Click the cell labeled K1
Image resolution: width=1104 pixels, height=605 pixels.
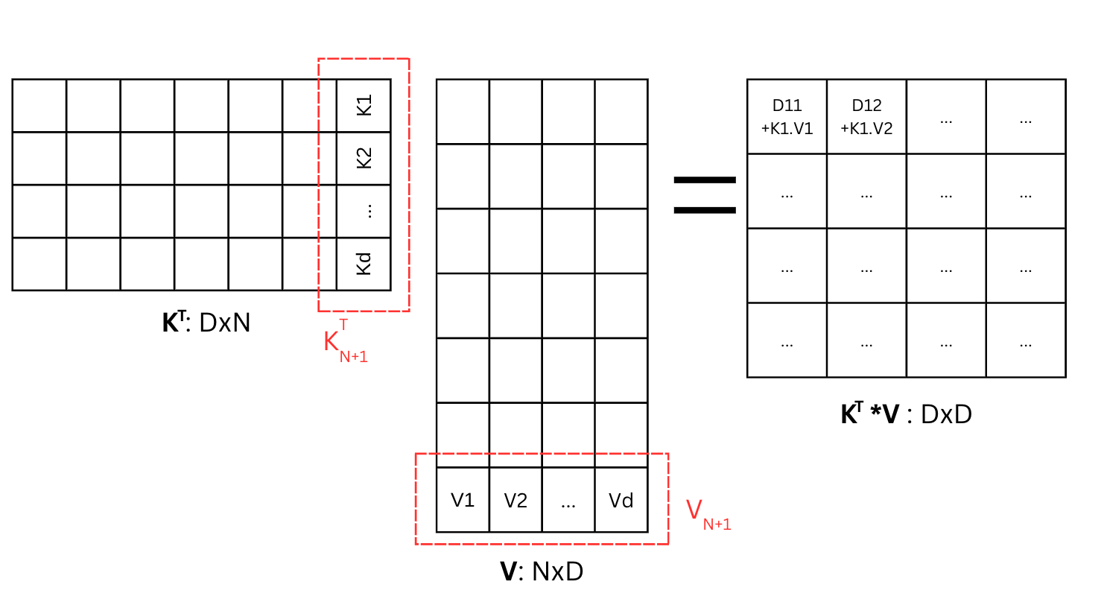[364, 105]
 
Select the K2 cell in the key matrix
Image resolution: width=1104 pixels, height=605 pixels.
[364, 158]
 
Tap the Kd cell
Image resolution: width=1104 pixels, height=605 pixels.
[364, 264]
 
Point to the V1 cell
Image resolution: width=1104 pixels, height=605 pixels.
[463, 500]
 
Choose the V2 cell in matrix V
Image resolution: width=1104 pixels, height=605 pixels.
[515, 500]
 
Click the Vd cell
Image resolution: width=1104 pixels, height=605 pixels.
[621, 500]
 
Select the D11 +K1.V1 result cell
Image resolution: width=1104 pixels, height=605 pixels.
[787, 117]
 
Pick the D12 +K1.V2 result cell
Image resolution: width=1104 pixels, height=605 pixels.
[866, 117]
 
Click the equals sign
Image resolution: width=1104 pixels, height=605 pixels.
[705, 195]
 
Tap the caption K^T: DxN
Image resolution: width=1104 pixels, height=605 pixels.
[206, 323]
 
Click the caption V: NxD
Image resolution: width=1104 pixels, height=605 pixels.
[542, 571]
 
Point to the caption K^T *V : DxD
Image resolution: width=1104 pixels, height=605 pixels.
[906, 414]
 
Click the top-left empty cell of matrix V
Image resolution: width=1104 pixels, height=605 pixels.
[463, 111]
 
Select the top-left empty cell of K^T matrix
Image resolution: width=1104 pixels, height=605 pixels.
[39, 105]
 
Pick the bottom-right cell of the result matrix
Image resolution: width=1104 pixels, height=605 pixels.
[1026, 340]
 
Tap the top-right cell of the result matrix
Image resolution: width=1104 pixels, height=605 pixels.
[1026, 117]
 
